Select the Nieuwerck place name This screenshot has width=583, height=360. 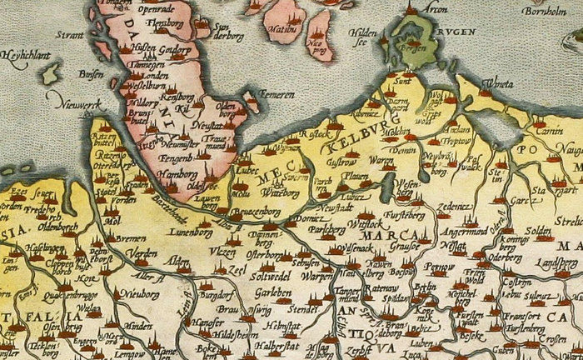[69, 103]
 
